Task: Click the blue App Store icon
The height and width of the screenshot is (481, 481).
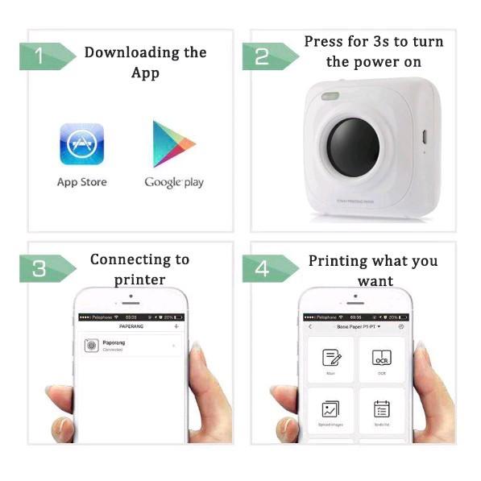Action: click(x=82, y=144)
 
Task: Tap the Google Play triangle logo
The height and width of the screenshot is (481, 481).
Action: click(x=173, y=144)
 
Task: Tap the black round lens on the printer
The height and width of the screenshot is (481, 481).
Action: click(x=353, y=145)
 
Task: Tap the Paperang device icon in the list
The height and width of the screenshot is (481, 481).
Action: click(x=91, y=346)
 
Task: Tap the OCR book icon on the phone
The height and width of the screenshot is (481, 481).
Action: click(x=382, y=357)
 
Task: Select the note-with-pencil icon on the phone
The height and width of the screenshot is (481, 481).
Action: click(x=331, y=357)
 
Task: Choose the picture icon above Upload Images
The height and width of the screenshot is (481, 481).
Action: click(x=331, y=408)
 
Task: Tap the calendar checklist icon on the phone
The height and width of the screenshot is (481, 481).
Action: click(x=382, y=408)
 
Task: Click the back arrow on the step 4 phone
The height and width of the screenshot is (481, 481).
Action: click(x=310, y=327)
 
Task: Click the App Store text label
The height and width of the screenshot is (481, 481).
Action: click(x=81, y=182)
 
